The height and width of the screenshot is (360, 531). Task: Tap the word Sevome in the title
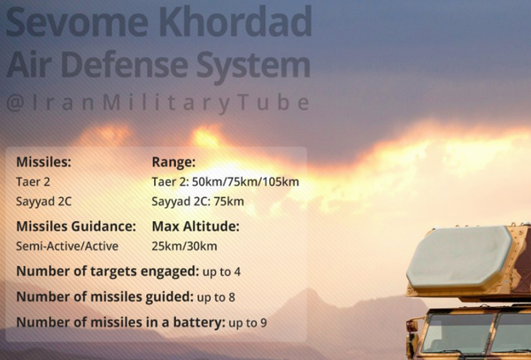tap(78, 21)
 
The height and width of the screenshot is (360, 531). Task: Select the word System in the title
tap(253, 66)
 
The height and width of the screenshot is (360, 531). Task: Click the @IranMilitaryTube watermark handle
tap(158, 103)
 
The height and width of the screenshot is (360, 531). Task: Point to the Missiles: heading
tap(43, 162)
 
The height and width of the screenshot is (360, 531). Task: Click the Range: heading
tap(173, 163)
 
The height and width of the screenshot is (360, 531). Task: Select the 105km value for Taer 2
tap(280, 181)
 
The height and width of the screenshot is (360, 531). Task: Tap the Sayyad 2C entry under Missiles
tap(43, 202)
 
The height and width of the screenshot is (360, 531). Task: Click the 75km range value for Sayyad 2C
tap(228, 202)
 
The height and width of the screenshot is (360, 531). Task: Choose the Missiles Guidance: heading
tap(76, 226)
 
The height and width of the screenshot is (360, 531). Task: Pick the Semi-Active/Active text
tap(67, 246)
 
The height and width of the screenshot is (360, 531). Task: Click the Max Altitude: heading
tap(196, 226)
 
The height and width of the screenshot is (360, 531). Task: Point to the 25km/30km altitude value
tap(184, 246)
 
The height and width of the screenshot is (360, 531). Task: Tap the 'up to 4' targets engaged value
tap(221, 272)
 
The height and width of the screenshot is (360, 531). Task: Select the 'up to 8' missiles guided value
tap(216, 297)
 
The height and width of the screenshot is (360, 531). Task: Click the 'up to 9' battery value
tap(248, 323)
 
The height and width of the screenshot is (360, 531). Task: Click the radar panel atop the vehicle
tap(459, 257)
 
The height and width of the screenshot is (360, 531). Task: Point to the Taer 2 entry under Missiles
tap(34, 181)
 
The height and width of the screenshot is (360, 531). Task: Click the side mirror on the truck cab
tap(412, 326)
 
